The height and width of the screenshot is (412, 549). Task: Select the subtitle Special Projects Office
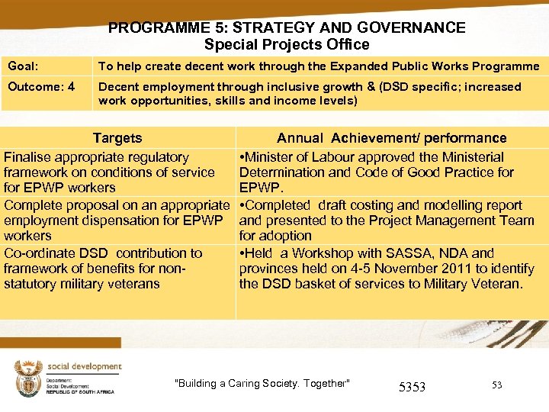(287, 45)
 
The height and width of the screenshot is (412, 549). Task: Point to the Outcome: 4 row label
(41, 87)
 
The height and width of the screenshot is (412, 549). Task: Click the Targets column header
(117, 138)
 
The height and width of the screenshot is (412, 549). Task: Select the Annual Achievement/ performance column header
(391, 138)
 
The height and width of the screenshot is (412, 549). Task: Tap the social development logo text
(84, 367)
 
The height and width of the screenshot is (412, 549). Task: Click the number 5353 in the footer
(412, 387)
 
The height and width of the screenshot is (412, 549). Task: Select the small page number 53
(496, 385)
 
